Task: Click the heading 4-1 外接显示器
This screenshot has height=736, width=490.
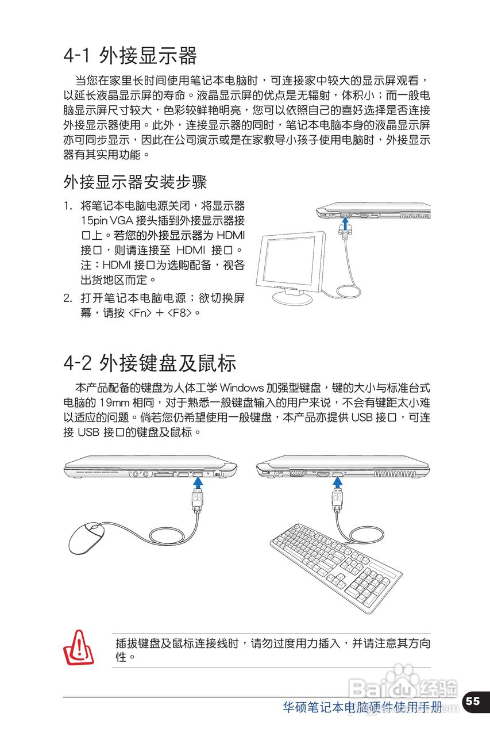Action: click(x=130, y=56)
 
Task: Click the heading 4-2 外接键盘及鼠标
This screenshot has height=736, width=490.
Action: click(x=149, y=363)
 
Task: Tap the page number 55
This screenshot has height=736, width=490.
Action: click(x=472, y=701)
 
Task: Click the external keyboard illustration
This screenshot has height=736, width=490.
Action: click(x=336, y=566)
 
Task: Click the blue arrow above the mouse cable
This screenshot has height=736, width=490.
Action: click(x=196, y=484)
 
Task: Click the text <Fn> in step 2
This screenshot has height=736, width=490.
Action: click(x=140, y=313)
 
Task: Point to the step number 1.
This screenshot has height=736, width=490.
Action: click(x=67, y=206)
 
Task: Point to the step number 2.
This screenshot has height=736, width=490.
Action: click(x=67, y=298)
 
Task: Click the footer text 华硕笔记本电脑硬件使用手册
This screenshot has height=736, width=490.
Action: click(x=362, y=707)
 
